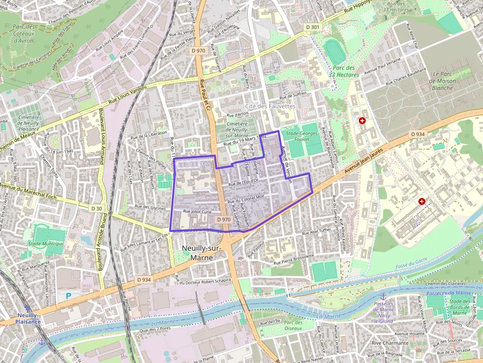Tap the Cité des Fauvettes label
pyautogui.click(x=270, y=106)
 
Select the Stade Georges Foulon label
pyautogui.click(x=302, y=136)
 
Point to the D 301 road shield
pyautogui.click(x=312, y=27)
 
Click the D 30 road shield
pyautogui.click(x=97, y=208)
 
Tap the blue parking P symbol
pyautogui.click(x=69, y=296)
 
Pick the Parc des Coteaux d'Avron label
pyautogui.click(x=24, y=33)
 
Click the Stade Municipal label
pyautogui.click(x=46, y=244)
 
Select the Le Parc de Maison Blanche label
pyautogui.click(x=442, y=81)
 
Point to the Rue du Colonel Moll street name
pyautogui.click(x=246, y=198)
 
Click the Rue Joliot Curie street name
pyautogui.click(x=197, y=211)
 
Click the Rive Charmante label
pyautogui.click(x=390, y=343)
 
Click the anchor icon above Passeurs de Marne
pyautogui.click(x=383, y=297)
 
